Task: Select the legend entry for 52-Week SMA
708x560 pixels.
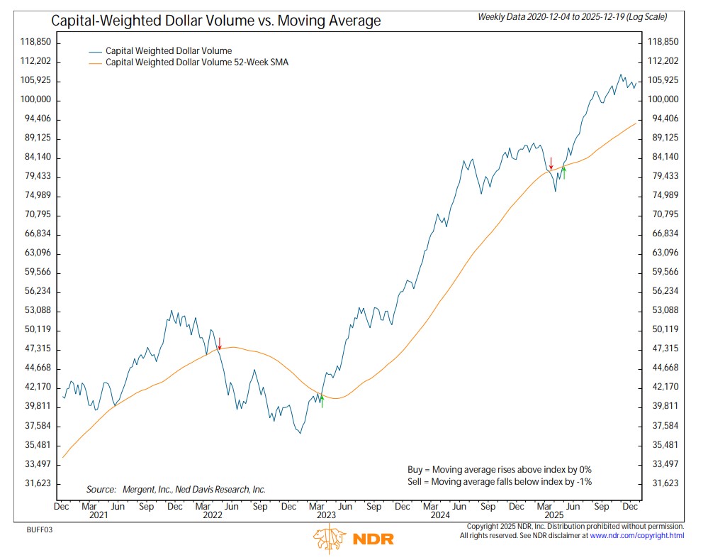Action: click(x=196, y=62)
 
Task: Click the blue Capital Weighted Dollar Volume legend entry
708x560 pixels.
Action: click(x=169, y=51)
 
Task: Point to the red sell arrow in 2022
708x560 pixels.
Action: click(x=220, y=344)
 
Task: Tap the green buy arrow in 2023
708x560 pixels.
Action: click(x=322, y=401)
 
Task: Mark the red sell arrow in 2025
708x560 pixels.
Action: click(x=550, y=164)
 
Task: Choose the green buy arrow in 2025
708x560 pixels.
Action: click(x=564, y=171)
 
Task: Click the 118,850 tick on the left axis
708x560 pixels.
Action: click(x=35, y=42)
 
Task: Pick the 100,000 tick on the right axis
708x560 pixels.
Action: click(x=663, y=99)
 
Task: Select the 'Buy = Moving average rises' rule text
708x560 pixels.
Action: click(x=500, y=469)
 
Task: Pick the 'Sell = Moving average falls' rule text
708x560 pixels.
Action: click(x=500, y=482)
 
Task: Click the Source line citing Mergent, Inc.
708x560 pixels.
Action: click(x=176, y=490)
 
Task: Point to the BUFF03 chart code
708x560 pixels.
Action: click(x=40, y=529)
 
